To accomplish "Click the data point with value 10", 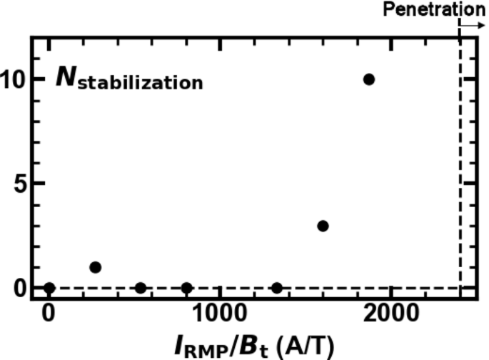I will coord(368,79).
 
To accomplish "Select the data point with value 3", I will coord(323,226).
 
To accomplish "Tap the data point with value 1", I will coord(95,267).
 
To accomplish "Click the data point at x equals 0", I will coord(49,288).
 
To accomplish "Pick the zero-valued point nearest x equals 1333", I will coord(277,288).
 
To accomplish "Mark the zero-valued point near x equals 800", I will coord(186,288).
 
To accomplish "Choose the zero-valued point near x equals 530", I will coord(141,288).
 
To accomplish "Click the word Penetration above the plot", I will coord(433,9).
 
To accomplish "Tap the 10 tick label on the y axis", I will coord(15,79).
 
